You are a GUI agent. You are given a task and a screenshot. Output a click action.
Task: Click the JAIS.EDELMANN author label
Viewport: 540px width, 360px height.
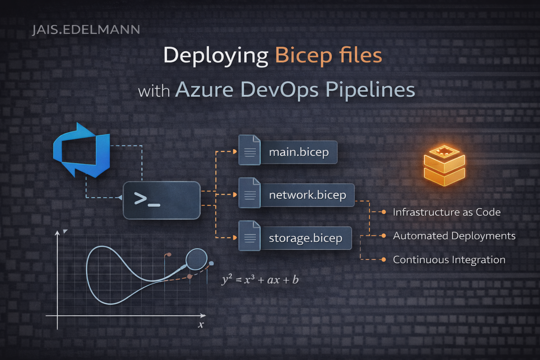86,30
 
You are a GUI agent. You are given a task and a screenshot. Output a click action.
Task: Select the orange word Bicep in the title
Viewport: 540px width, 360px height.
303,56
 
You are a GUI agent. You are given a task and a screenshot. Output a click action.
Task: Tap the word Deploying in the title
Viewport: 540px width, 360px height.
216,56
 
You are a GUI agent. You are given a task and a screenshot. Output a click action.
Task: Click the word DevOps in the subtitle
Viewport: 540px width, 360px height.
279,90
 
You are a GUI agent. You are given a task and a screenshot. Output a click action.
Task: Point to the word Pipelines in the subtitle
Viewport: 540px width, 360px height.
370,90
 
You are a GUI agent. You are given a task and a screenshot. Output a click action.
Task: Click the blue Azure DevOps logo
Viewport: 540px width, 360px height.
82,150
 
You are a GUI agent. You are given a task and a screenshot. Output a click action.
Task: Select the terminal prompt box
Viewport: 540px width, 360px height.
162,200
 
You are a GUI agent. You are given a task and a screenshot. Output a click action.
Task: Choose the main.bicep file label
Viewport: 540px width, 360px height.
299,152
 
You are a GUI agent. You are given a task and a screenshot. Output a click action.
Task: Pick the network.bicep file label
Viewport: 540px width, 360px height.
307,195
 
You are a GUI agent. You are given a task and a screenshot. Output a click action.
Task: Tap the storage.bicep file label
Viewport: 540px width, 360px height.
306,238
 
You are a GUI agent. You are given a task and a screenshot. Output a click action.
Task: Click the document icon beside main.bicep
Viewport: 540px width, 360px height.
250,150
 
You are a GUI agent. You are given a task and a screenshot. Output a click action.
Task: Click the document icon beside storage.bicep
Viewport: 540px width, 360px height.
250,236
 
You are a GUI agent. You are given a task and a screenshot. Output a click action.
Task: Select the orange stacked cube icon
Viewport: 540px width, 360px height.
444,166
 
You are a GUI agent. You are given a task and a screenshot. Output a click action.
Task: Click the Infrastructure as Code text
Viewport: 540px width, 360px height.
446,212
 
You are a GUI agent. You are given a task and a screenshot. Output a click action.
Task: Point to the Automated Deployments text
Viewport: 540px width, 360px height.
454,236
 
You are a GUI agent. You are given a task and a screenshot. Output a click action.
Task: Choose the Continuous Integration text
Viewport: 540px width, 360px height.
449,260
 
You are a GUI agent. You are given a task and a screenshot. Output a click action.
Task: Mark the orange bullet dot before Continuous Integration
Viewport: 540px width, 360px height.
384,260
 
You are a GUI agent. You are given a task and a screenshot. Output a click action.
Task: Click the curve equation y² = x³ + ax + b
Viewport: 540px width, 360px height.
260,280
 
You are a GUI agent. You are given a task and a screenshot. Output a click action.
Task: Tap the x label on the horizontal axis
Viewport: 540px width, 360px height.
201,324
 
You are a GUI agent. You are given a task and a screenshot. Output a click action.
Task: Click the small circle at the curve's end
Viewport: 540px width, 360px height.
196,259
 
